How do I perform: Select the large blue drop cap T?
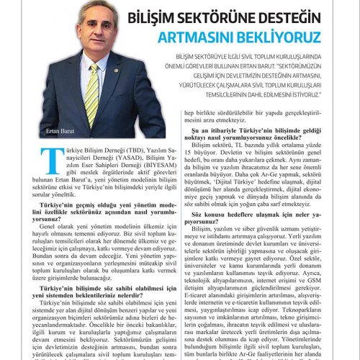pyautogui.click(x=51, y=158)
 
